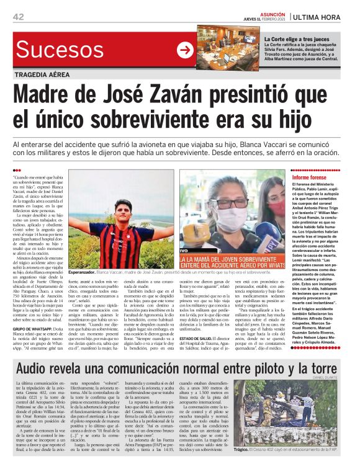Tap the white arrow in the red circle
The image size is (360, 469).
coord(185,50)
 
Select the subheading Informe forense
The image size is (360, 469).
coord(299,178)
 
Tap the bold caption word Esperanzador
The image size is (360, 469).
coord(84,272)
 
